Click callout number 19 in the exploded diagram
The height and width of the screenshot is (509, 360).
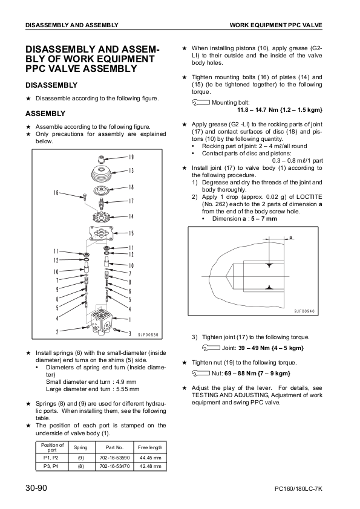131,157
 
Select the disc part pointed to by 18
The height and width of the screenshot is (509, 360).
101,189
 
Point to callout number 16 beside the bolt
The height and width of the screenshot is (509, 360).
56,193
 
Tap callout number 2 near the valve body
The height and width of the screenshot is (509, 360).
57,332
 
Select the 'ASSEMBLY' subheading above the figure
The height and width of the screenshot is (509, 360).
45,113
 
